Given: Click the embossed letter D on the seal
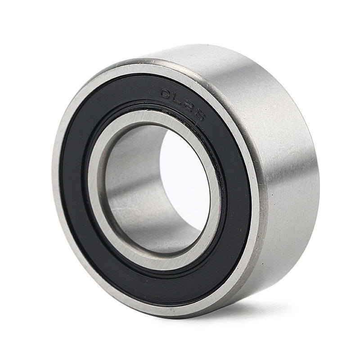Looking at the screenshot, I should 167,94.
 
